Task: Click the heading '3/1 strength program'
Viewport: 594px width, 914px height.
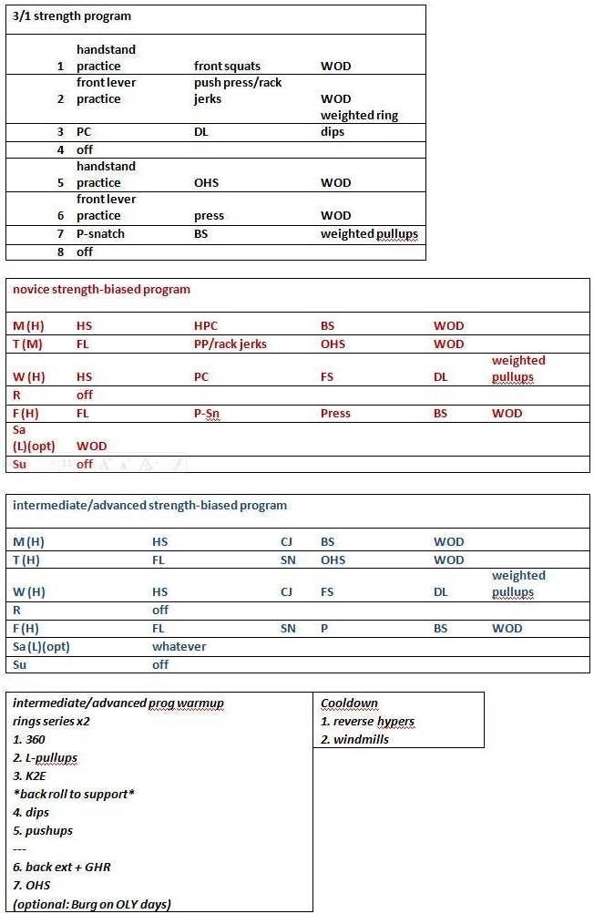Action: click(x=72, y=16)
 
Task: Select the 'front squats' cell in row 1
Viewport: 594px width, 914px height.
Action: click(x=227, y=66)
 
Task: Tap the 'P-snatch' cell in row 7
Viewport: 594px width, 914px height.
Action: click(x=100, y=233)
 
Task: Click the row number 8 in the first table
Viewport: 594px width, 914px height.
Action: click(x=61, y=252)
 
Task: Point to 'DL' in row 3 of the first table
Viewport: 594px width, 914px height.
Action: click(x=201, y=132)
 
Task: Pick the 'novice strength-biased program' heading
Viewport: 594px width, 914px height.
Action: click(x=101, y=289)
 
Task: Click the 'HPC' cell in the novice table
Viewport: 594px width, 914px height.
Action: click(x=206, y=325)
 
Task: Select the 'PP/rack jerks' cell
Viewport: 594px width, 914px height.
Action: click(x=230, y=344)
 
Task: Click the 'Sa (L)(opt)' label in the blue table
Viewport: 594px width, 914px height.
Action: click(x=41, y=646)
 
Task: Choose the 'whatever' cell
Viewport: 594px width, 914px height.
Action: click(x=179, y=646)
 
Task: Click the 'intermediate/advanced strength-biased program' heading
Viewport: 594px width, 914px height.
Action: click(x=149, y=505)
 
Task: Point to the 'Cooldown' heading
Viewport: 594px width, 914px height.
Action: click(x=349, y=703)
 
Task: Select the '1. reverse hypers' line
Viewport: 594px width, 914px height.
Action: click(x=367, y=721)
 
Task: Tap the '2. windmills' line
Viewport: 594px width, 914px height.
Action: click(x=354, y=739)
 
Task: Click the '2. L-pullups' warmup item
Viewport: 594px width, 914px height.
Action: click(x=44, y=757)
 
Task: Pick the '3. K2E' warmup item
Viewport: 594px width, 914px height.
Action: click(x=30, y=775)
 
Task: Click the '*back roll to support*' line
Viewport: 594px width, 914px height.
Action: click(x=74, y=794)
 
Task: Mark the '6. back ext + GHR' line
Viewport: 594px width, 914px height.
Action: click(x=62, y=867)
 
